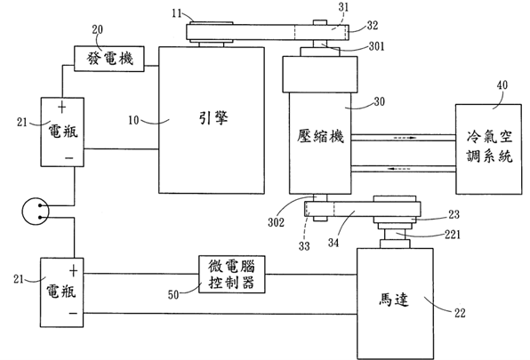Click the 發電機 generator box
coord(109,59)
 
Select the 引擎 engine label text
coord(213,118)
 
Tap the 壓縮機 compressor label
coord(320,136)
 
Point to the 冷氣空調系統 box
coord(488,149)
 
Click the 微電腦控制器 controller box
coord(231,274)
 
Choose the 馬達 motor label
coord(393,300)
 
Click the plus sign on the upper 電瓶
coord(62,108)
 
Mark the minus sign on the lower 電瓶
coord(73,314)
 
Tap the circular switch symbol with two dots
coord(36,212)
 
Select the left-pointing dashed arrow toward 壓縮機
coord(399,169)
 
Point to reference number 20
coord(97,29)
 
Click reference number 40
coord(502,84)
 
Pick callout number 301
coord(376,46)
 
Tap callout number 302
coord(277,222)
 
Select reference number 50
coord(173,294)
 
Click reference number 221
coord(453,234)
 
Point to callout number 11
coord(177,13)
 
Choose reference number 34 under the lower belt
coord(333,243)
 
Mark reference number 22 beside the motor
coord(460,313)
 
